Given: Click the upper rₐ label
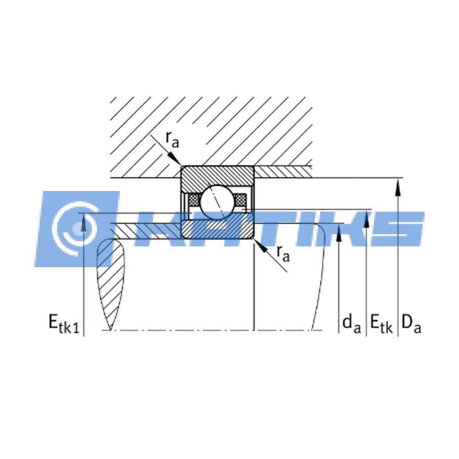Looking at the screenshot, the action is coord(172,140).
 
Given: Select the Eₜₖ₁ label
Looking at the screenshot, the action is coord(64,324).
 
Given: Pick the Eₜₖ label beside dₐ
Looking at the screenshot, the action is coord(381,324).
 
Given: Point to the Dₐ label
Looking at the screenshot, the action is coord(411,324).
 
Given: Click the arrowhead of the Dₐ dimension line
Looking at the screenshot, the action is coord(397,188).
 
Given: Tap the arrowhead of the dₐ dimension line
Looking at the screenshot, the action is coord(339,233).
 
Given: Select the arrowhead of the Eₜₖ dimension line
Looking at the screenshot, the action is coord(366,219).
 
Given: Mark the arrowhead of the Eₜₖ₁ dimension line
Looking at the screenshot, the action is coord(84,222).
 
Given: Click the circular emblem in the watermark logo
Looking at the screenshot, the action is coord(77,228).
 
